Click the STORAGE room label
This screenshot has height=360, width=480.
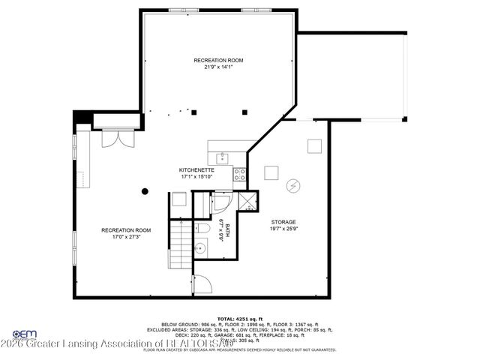(x=283, y=222)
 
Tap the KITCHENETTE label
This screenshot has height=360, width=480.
(x=196, y=170)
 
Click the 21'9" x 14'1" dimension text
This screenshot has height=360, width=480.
(x=218, y=67)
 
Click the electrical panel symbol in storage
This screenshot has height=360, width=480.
(x=294, y=185)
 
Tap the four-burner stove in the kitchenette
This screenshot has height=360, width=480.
(x=240, y=175)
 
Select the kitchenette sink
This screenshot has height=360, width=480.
(x=222, y=158)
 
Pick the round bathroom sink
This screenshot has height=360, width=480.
(x=200, y=248)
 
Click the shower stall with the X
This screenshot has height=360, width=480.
(x=244, y=201)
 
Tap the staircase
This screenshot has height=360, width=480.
(x=178, y=243)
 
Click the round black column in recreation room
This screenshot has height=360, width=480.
(x=145, y=191)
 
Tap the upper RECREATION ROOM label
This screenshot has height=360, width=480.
(x=218, y=60)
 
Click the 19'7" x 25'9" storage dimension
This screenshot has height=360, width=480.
(x=283, y=229)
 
